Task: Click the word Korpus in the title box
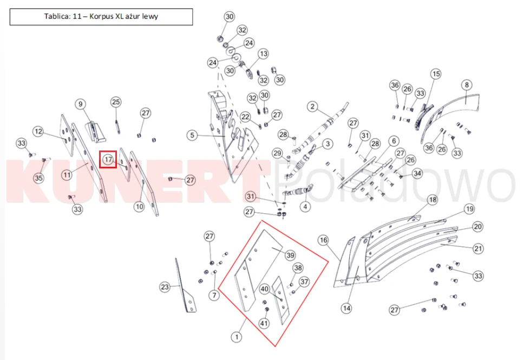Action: point(101,17)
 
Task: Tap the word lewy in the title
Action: point(150,16)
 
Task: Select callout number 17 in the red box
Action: point(108,160)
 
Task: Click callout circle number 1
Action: point(237,337)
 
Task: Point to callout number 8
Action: point(467,85)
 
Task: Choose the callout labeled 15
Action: point(436,74)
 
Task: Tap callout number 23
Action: point(165,287)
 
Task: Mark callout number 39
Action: point(290,256)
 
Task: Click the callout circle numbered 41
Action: point(264,323)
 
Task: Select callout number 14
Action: point(347,308)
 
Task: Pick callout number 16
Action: point(323,240)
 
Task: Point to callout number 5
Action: point(192,135)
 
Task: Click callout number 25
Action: point(116,102)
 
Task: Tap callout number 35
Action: point(38,178)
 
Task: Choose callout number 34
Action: point(417,173)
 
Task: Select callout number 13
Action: point(264,54)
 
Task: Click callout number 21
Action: point(478,248)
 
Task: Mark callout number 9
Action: point(80,104)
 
